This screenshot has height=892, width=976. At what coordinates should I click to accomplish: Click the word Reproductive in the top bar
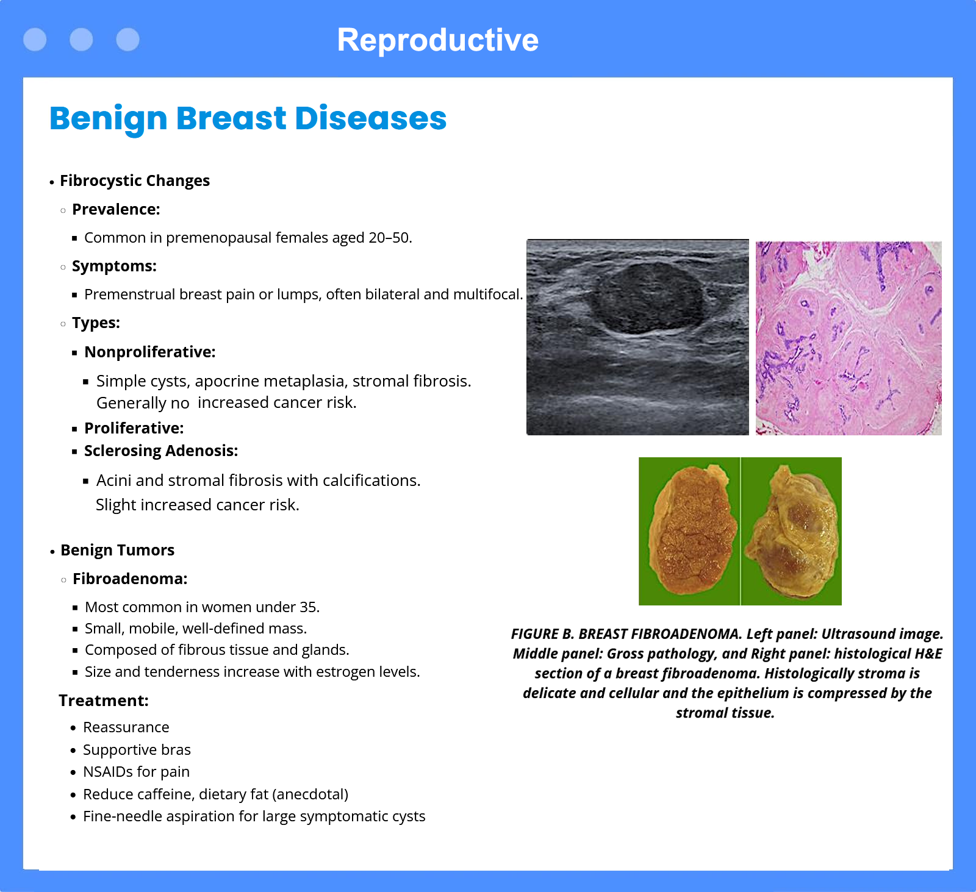tap(437, 40)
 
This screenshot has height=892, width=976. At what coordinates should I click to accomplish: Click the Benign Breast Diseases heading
tap(248, 118)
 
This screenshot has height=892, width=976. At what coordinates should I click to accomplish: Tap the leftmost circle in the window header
tap(35, 40)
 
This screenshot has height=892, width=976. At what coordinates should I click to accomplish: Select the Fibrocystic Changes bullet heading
tap(135, 180)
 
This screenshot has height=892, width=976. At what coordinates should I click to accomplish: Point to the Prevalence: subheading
tap(116, 209)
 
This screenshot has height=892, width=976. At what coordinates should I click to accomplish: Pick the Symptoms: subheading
tap(114, 266)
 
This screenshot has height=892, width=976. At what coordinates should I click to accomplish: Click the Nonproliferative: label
tap(150, 352)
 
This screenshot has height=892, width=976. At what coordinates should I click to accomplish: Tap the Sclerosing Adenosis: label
tap(161, 451)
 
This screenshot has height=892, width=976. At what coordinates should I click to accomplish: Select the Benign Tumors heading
tap(117, 550)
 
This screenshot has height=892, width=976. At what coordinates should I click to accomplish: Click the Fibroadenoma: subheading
tap(130, 579)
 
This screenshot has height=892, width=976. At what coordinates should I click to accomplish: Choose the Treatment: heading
tap(104, 701)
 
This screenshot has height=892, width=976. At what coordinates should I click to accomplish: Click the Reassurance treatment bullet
tap(126, 727)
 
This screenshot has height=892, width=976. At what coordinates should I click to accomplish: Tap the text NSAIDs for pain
tap(136, 772)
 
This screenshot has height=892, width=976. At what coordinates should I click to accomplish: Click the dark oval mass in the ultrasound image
tap(648, 299)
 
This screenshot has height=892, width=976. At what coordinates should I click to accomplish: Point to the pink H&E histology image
tap(849, 338)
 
